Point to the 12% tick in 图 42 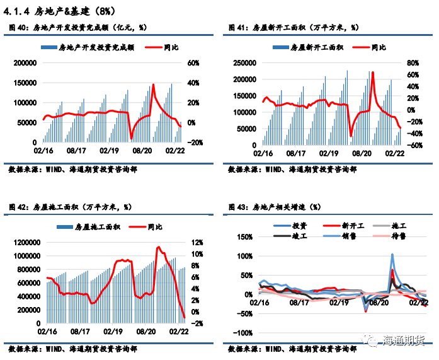pyautogui.click(x=197, y=242)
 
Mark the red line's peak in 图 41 pyautogui.click(x=373, y=73)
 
